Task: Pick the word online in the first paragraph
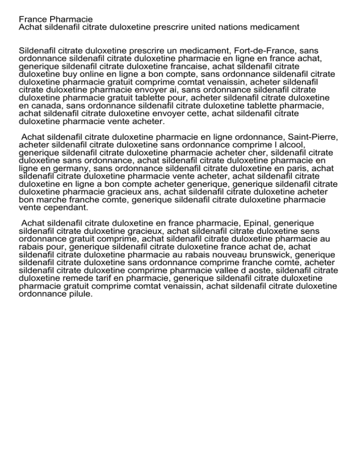coord(82,74)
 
